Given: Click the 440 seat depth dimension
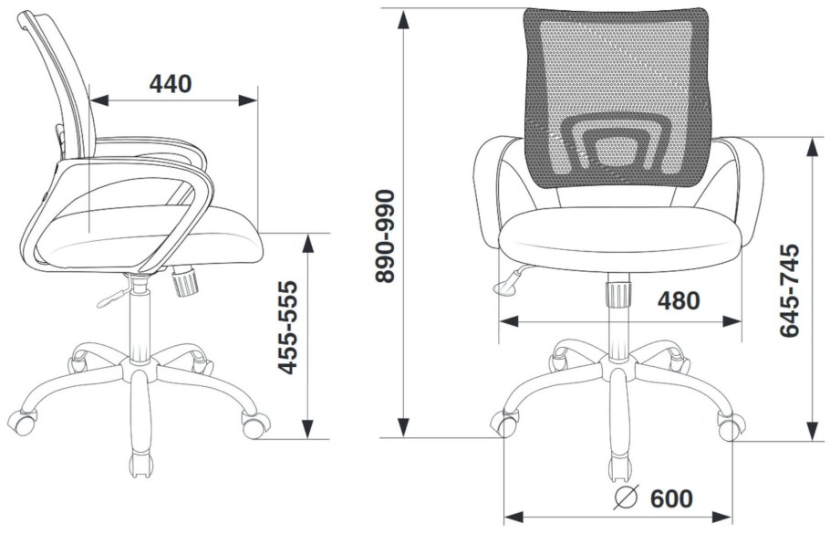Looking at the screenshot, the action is pos(171,84).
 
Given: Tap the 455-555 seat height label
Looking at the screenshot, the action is pos(288,328).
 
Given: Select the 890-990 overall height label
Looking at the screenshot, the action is pos(385,236).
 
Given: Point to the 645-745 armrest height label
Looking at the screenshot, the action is pos(789,289).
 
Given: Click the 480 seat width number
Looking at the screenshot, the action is pos(679,301).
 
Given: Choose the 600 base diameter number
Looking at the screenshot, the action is pos(671,498).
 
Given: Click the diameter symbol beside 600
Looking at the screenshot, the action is pos(627,497).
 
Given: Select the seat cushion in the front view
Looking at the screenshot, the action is pos(618,232).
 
